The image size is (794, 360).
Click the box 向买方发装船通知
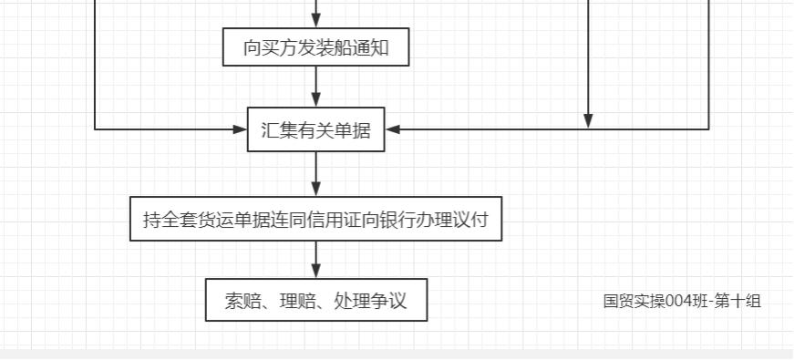click(315, 48)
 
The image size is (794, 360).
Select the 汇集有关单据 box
click(315, 129)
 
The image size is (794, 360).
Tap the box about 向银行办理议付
click(315, 220)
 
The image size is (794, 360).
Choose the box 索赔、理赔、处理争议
click(315, 301)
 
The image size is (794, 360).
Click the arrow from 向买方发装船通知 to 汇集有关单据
click(315, 87)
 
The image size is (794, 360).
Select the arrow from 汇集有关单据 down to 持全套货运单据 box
click(315, 174)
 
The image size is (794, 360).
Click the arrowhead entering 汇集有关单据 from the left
click(240, 129)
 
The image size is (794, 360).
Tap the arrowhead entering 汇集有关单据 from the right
click(393, 129)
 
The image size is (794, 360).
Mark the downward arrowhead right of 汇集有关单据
click(588, 120)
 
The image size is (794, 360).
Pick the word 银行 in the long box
click(409, 220)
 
